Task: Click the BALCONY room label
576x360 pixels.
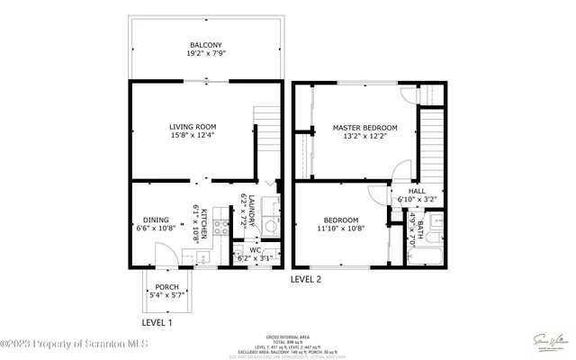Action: tap(207, 45)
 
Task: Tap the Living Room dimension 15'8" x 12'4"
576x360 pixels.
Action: tap(193, 137)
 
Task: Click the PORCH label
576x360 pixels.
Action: tap(166, 287)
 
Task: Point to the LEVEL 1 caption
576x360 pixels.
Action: tap(157, 322)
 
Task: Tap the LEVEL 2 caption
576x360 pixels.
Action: tap(305, 279)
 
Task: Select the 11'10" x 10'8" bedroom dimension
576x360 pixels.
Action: tap(341, 229)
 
